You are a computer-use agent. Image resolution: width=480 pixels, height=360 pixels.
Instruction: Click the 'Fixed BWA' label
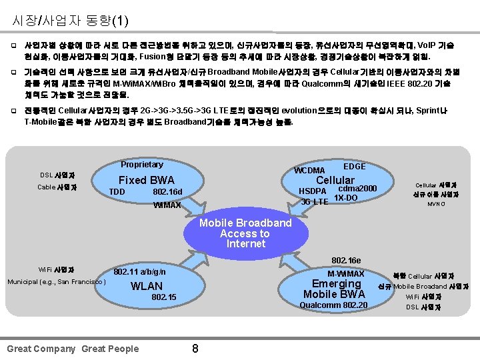[146, 180]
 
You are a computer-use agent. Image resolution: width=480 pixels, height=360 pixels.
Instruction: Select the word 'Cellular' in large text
[335, 180]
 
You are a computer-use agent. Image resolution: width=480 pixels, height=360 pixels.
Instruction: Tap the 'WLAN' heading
[146, 286]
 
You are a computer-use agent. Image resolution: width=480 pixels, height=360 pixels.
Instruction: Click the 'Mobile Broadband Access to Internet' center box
[246, 233]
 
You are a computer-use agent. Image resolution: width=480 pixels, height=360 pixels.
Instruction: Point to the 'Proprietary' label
[141, 165]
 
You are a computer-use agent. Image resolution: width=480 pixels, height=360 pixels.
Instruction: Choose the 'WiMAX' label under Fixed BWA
[167, 205]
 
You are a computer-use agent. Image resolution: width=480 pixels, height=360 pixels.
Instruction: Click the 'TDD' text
[117, 192]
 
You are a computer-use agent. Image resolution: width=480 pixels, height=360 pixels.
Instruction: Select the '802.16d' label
[167, 192]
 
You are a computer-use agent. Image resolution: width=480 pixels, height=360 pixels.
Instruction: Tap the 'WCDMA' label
[309, 171]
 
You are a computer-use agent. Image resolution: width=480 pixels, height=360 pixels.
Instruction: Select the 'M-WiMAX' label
[345, 273]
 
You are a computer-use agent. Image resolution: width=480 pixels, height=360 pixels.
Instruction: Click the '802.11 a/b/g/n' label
[139, 272]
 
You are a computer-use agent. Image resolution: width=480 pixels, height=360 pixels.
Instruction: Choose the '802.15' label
[164, 297]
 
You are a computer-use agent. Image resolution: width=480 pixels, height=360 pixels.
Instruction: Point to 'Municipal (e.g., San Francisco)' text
[57, 282]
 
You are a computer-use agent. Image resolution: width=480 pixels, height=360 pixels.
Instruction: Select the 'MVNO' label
[436, 204]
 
